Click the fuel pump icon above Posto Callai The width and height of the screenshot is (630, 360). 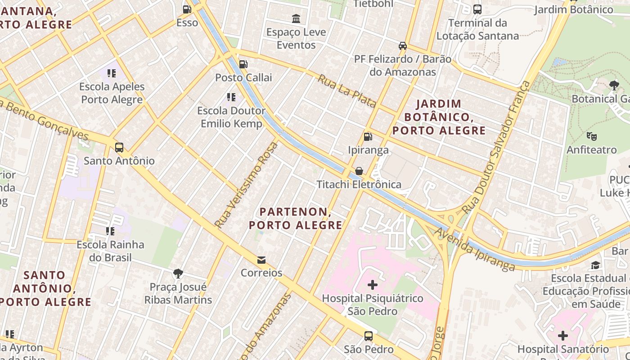pyautogui.click(x=243, y=64)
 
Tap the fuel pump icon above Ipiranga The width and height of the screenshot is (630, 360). pyautogui.click(x=368, y=136)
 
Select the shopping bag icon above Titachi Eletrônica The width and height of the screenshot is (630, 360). pyautogui.click(x=359, y=171)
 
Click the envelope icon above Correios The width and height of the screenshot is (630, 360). pyautogui.click(x=261, y=260)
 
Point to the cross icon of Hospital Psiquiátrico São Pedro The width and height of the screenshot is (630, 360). pyautogui.click(x=373, y=285)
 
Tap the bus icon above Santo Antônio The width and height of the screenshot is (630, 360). pyautogui.click(x=119, y=147)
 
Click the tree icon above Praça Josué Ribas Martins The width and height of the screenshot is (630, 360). pyautogui.click(x=178, y=273)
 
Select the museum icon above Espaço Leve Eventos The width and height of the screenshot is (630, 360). pyautogui.click(x=296, y=19)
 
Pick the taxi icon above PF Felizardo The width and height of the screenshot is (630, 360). pyautogui.click(x=403, y=46)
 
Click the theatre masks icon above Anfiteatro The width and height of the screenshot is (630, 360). pyautogui.click(x=591, y=136)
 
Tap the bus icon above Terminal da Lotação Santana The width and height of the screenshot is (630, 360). pyautogui.click(x=477, y=9)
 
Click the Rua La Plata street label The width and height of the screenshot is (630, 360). pyautogui.click(x=347, y=91)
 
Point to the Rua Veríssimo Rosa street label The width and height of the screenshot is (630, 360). pyautogui.click(x=246, y=185)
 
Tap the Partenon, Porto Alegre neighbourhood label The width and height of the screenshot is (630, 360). pyautogui.click(x=296, y=218)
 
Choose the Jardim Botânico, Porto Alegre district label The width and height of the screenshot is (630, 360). pyautogui.click(x=439, y=117)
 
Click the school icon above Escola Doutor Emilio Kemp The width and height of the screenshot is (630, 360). pyautogui.click(x=231, y=97)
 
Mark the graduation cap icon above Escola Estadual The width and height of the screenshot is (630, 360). pyautogui.click(x=596, y=265)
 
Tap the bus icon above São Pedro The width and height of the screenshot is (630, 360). pyautogui.click(x=369, y=336)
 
